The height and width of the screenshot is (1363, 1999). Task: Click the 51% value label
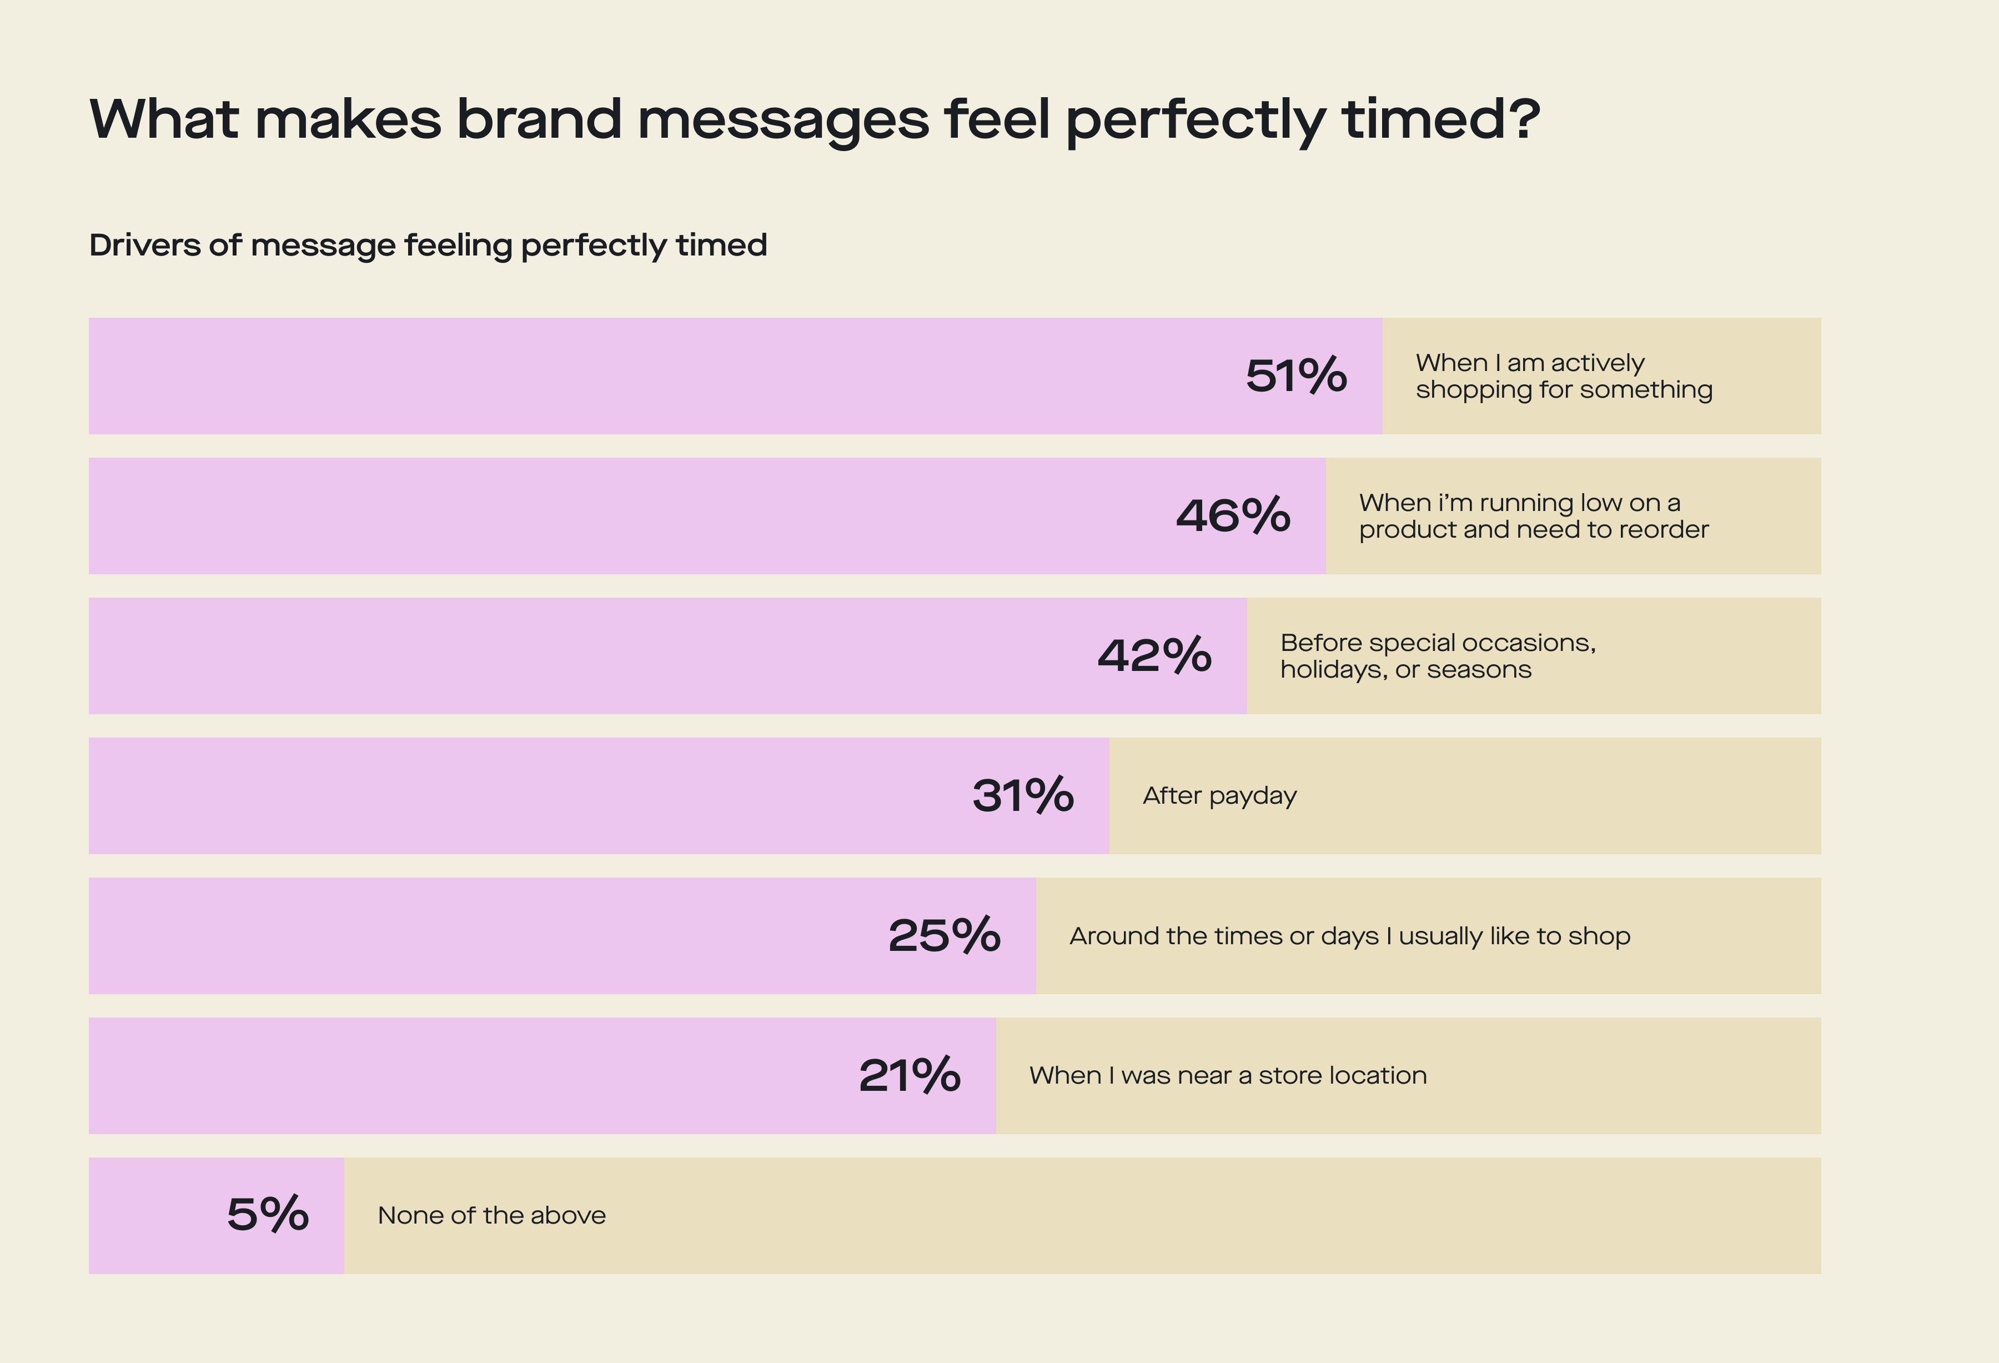tap(1295, 376)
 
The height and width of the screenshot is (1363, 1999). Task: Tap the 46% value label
tap(1233, 517)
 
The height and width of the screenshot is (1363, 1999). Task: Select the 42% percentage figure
tap(1154, 656)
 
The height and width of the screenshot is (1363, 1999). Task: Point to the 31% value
tap(1023, 796)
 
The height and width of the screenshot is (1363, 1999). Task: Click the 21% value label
tap(909, 1076)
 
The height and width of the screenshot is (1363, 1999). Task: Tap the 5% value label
tap(268, 1215)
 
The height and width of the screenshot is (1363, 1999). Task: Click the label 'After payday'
tap(1219, 796)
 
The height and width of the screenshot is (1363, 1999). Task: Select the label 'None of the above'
tap(491, 1216)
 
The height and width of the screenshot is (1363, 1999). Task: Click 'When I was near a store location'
tap(1227, 1076)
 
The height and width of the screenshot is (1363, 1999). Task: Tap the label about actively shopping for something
tap(1563, 376)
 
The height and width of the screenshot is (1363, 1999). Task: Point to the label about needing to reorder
tap(1533, 517)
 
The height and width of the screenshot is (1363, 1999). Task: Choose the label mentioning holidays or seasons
tap(1437, 656)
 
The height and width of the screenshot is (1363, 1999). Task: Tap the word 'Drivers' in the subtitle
tap(145, 246)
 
